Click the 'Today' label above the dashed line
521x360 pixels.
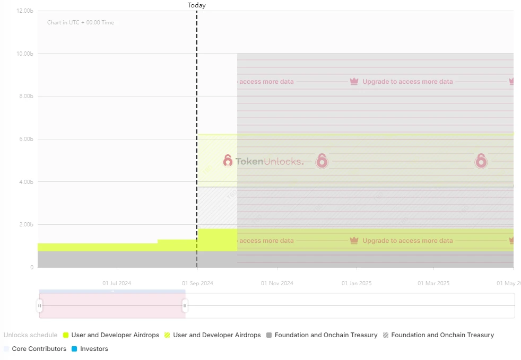point(196,5)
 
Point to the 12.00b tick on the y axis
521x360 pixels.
point(25,11)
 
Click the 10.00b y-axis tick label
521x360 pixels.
point(25,54)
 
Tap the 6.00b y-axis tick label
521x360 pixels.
point(26,139)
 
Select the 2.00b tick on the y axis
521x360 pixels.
point(26,224)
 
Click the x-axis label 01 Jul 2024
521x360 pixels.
point(117,283)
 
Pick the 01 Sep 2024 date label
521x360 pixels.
point(197,283)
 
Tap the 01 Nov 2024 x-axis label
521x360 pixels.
point(277,283)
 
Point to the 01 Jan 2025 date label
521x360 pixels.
point(357,283)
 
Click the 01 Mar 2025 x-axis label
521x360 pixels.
point(433,283)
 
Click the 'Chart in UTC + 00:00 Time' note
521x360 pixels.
point(80,23)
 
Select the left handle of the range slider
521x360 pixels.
point(39,305)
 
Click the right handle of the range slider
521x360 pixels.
point(185,305)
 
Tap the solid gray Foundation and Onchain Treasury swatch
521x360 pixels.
point(269,335)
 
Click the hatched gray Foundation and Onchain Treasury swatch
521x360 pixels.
point(386,335)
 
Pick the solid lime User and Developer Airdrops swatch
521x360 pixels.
point(66,335)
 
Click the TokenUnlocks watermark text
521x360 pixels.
point(270,161)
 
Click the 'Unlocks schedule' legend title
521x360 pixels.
point(30,335)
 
